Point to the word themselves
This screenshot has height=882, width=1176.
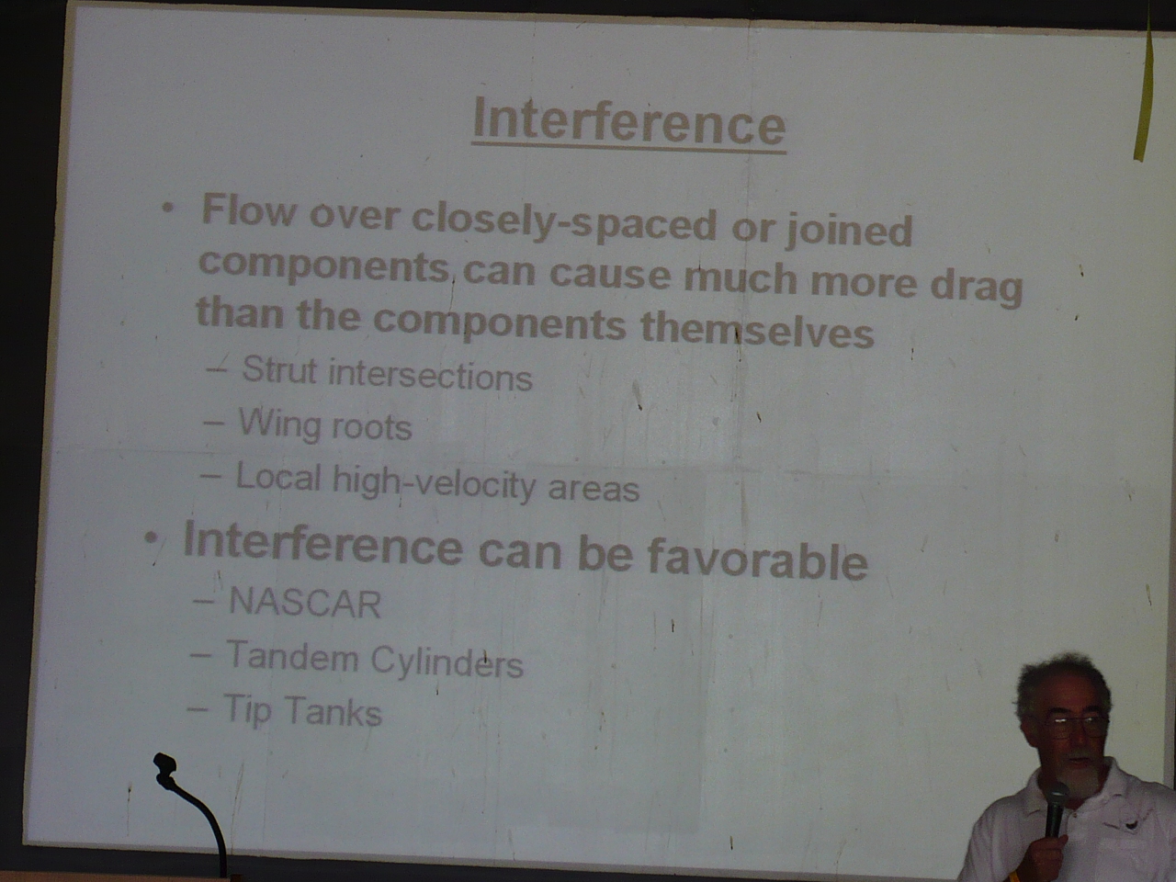click(757, 329)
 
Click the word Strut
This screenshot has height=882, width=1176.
click(279, 369)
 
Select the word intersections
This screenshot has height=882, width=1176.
click(430, 375)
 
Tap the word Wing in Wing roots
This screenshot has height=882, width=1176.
click(278, 425)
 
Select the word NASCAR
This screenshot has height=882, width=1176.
click(305, 604)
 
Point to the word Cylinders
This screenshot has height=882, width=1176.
click(447, 663)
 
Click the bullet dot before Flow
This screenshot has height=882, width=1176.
click(168, 209)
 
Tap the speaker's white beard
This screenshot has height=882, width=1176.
click(1078, 771)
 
